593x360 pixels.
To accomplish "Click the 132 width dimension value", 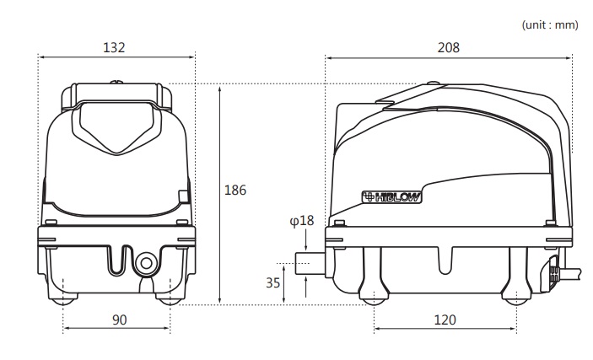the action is coord(114,47).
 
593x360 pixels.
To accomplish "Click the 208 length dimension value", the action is coord(449,47).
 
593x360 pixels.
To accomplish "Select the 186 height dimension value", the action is coord(235,190).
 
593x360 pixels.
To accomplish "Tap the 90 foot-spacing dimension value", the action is coord(120,320).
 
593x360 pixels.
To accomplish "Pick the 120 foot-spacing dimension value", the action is coord(445,320).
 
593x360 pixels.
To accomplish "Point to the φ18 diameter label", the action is coord(302,220).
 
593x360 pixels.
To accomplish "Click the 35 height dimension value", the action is coord(273,282).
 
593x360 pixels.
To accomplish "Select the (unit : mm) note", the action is coord(550,25).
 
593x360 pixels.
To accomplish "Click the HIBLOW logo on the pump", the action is coord(391,197).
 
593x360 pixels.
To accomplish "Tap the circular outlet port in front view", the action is coord(147,263).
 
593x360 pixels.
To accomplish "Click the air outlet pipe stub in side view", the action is coord(310,263).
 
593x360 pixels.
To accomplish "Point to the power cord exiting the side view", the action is coord(569,273).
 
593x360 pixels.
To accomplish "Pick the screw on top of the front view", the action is coord(116,82).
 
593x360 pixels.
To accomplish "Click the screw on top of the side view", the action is coord(433,83).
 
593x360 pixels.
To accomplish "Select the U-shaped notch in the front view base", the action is coord(121,261).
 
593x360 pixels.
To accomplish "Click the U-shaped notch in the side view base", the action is coord(445,261).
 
